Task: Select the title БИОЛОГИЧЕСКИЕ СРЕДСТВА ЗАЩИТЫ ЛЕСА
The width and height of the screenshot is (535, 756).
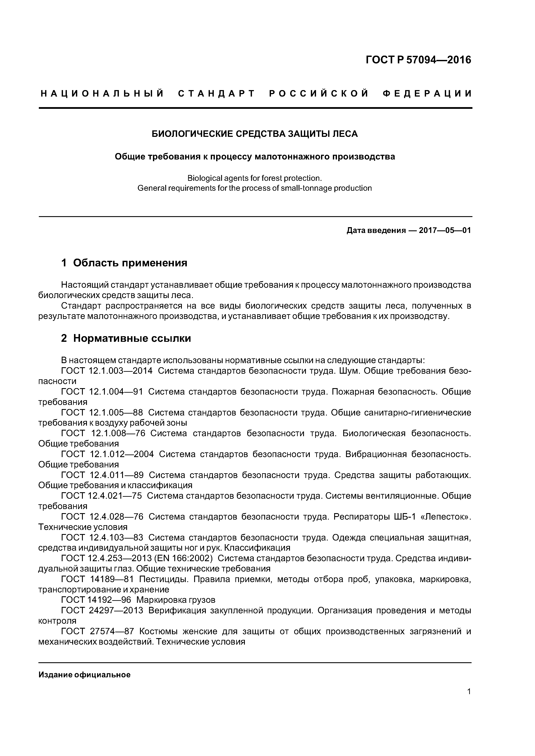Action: (x=255, y=134)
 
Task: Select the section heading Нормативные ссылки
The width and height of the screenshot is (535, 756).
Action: (x=132, y=338)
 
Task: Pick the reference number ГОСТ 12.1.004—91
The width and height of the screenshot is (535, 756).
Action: (x=102, y=392)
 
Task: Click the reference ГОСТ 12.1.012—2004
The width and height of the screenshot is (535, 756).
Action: (x=107, y=454)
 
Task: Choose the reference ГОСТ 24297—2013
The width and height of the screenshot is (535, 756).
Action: (x=102, y=611)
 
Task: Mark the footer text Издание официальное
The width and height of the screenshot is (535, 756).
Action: (x=84, y=675)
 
